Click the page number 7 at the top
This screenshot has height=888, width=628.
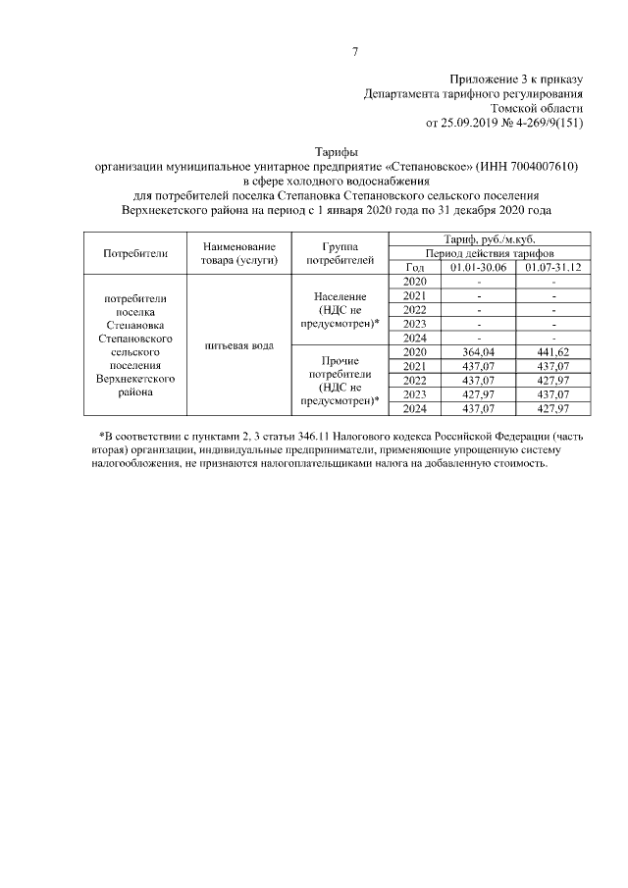click(355, 52)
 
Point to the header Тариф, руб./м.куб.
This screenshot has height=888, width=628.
click(490, 239)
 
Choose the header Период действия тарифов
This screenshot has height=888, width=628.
click(490, 253)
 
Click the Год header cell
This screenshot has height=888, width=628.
click(414, 268)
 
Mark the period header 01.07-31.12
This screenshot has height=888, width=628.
click(553, 268)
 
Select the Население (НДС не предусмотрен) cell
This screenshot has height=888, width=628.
click(340, 309)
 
